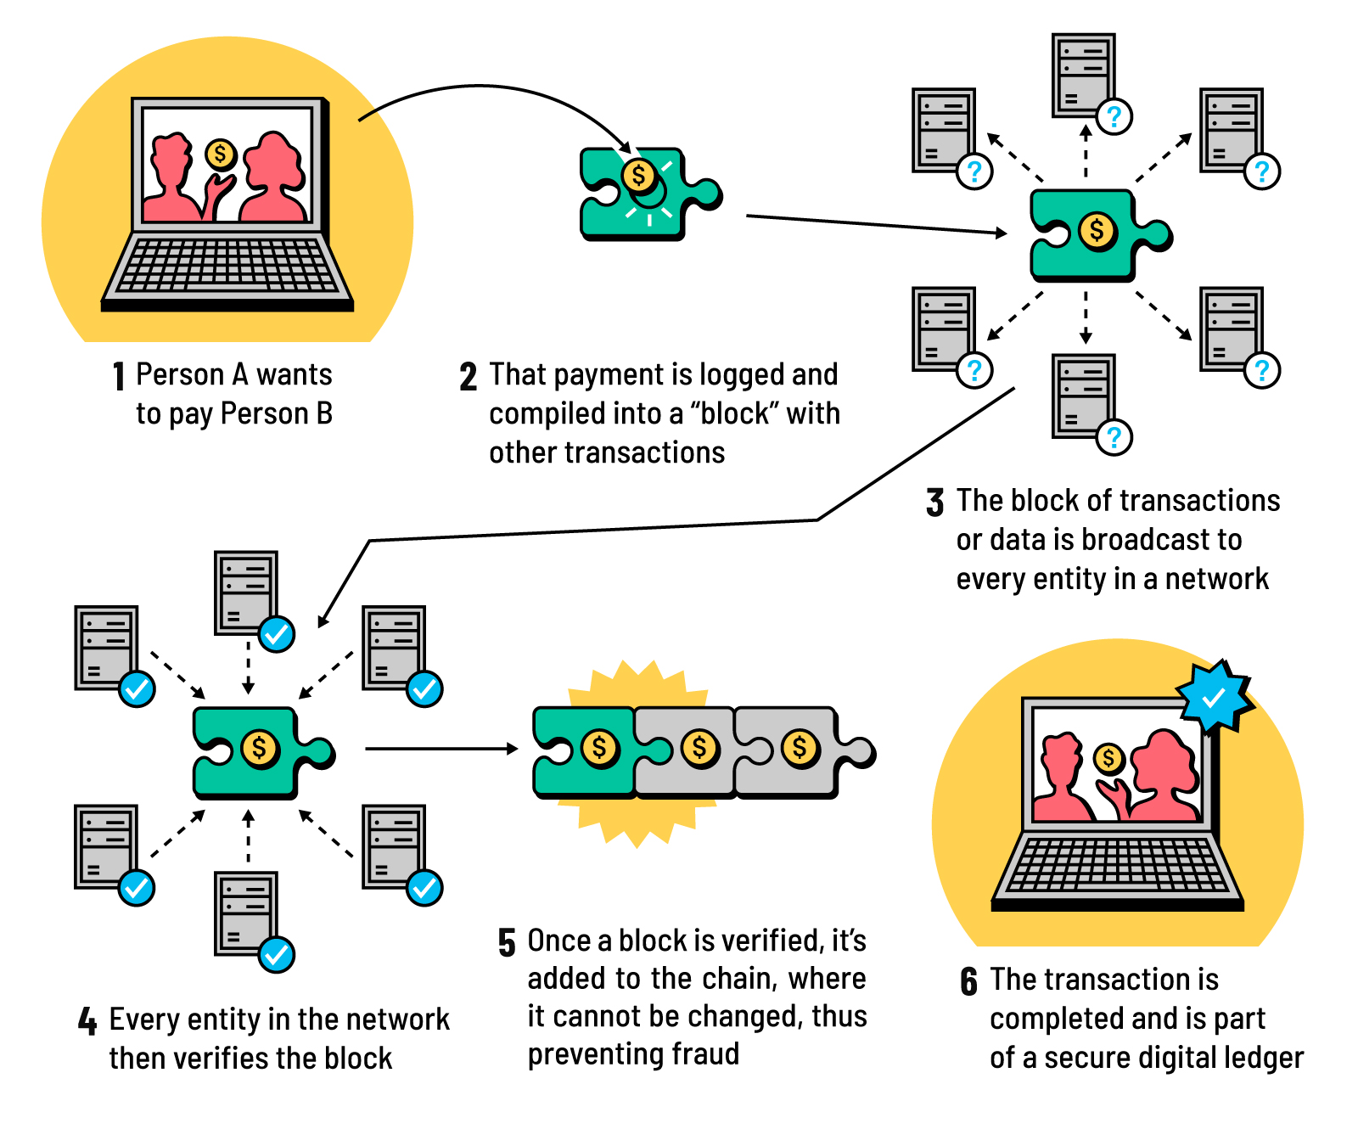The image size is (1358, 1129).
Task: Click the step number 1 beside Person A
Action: coord(120,376)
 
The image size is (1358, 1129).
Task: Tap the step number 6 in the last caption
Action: coord(969,981)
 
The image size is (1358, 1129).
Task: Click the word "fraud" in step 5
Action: coord(705,1054)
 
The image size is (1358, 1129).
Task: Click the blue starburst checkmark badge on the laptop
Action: coord(1215,697)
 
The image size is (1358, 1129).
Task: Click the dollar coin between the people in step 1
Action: coord(221,154)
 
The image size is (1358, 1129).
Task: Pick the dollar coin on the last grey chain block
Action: coord(800,748)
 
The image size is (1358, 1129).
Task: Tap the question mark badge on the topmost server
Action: coord(1114,116)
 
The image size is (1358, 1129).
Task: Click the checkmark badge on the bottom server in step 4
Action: coord(277,955)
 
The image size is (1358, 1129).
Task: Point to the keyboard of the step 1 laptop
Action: coord(227,265)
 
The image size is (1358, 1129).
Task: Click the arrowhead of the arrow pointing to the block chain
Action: coord(512,749)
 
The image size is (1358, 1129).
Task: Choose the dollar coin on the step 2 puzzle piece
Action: coord(638,176)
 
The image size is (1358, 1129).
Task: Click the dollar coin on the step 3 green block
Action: coord(1097,229)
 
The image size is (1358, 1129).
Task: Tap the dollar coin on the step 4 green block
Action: coord(259,748)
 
